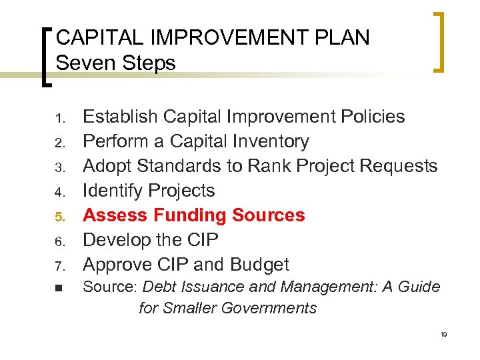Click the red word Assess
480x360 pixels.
pyautogui.click(x=115, y=215)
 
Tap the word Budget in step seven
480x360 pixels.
pyautogui.click(x=261, y=265)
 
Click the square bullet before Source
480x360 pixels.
pyautogui.click(x=58, y=289)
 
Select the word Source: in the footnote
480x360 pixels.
pyautogui.click(x=110, y=287)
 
